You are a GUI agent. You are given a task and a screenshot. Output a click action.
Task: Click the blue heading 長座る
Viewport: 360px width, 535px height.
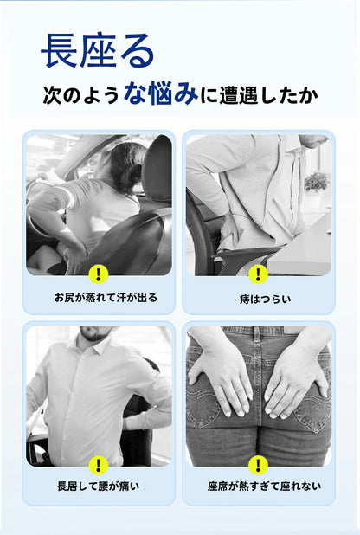98,50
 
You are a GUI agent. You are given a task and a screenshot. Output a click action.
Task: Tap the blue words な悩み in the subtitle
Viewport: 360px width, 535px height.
161,93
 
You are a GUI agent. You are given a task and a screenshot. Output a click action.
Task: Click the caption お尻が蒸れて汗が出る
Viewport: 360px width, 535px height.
106,298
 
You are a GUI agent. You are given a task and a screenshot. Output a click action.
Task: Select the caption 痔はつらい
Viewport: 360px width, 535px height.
265,300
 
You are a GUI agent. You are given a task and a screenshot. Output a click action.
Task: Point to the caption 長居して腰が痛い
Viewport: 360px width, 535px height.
99,486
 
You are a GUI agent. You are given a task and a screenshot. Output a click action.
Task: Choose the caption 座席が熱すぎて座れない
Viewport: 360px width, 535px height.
264,486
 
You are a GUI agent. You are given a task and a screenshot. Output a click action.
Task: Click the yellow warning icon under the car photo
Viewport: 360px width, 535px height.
99,274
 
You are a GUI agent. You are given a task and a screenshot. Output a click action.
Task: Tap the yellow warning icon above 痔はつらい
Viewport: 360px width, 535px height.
258,274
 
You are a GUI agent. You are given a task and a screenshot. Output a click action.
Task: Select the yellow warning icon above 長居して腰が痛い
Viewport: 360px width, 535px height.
99,465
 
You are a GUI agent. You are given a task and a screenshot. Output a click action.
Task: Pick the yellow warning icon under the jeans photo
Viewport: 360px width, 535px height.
258,465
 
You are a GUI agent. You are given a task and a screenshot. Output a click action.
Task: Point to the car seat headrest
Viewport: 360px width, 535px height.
157,168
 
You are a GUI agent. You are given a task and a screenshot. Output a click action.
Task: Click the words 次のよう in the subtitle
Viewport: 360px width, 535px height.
80,95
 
